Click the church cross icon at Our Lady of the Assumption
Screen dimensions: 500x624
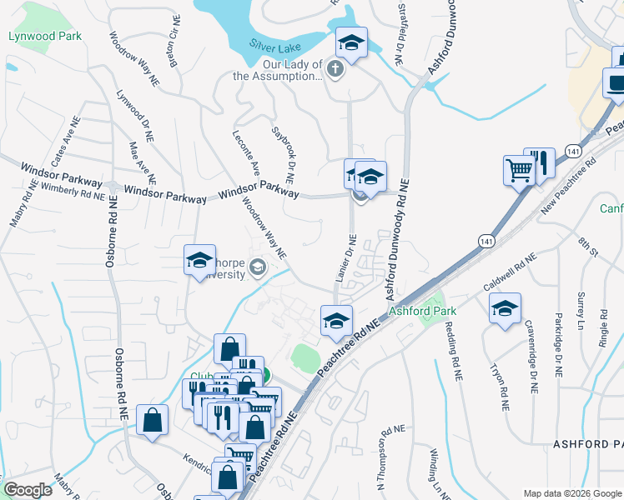coord(335,68)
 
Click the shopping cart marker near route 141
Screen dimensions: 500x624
coord(519,172)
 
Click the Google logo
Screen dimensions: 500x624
coord(28,490)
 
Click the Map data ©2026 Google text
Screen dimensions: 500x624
coord(571,493)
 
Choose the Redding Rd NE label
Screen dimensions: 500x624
coord(452,351)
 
